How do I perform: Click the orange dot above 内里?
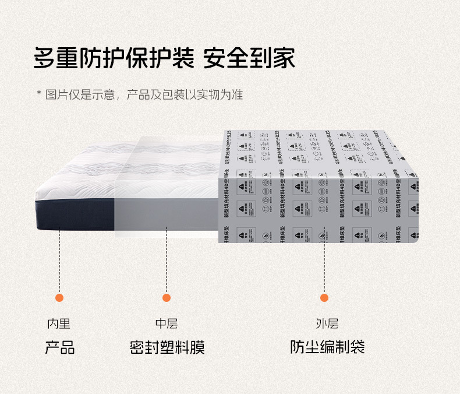59,298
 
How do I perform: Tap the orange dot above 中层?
167,298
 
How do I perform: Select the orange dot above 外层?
325,298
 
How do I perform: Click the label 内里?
59,324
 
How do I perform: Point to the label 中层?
167,324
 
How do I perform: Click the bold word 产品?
60,349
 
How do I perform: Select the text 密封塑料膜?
167,349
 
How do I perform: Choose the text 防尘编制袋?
327,349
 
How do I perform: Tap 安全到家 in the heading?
249,59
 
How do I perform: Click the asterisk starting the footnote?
39,94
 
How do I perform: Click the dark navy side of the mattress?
76,213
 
